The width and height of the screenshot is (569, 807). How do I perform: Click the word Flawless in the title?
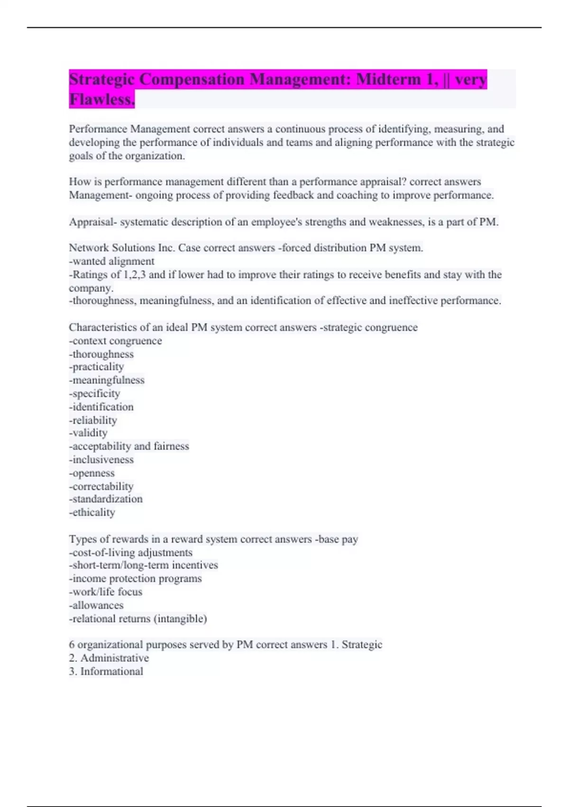point(102,99)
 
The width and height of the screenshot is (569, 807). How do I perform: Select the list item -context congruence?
point(115,341)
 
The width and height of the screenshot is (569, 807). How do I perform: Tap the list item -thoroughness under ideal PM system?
point(101,354)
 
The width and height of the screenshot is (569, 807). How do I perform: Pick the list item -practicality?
point(97,367)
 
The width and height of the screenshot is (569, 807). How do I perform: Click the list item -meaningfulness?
point(107,380)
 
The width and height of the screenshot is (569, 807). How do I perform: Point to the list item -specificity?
point(95,394)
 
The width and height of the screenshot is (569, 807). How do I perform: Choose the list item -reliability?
point(93,420)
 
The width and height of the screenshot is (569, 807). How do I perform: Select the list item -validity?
point(88,433)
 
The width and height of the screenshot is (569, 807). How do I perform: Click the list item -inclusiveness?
point(101,460)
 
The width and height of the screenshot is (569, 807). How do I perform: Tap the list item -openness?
point(92,473)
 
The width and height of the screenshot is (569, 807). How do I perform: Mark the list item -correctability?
point(101,486)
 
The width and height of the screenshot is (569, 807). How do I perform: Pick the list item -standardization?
point(106,499)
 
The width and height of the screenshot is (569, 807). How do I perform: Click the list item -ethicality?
point(92,512)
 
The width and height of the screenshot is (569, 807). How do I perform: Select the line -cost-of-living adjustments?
point(131,553)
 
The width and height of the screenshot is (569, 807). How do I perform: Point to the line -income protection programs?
point(136,579)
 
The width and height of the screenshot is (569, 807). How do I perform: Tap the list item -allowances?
point(96,605)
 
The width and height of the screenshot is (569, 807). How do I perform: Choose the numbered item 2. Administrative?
point(109,658)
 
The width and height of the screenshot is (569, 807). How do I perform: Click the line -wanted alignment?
point(112,261)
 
